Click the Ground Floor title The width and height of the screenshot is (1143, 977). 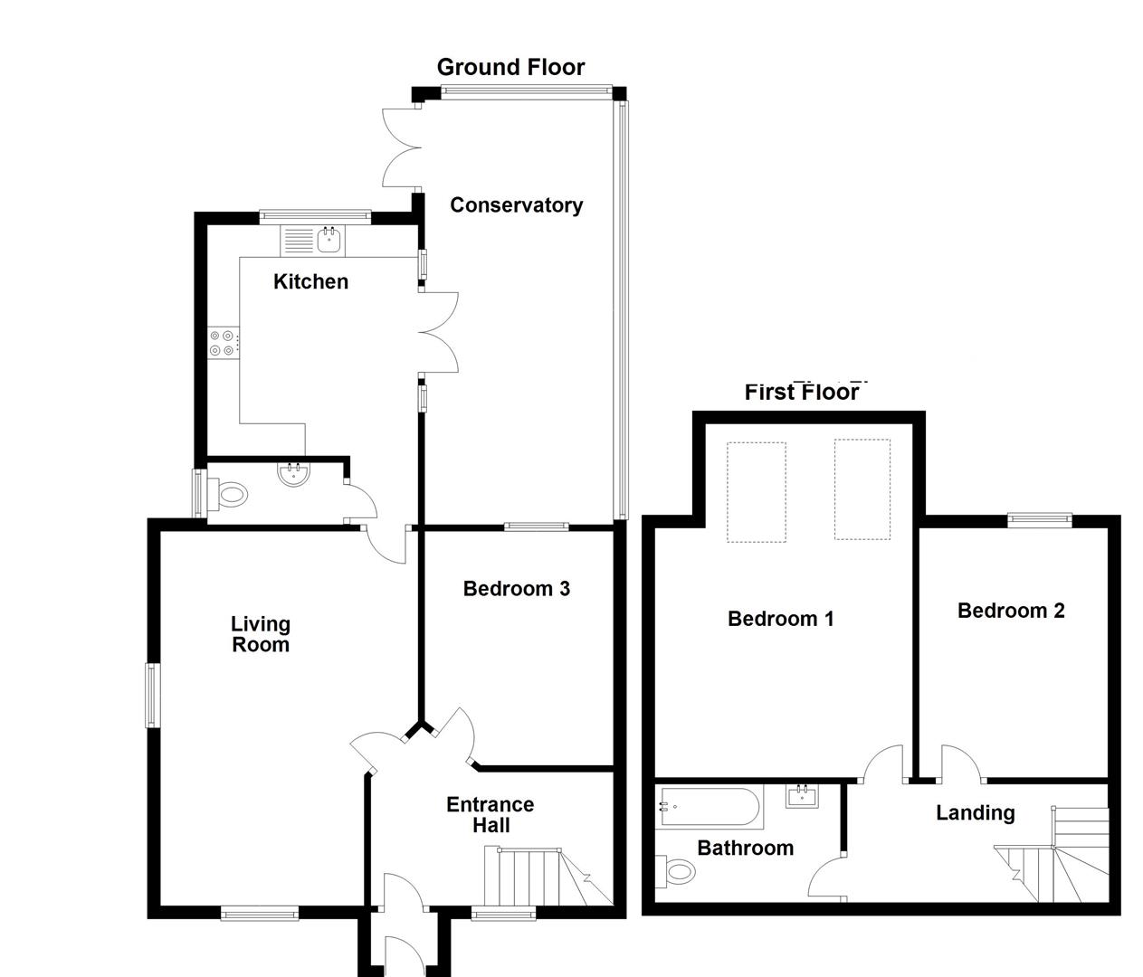510,67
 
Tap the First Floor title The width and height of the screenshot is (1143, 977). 802,392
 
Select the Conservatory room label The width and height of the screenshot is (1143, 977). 516,205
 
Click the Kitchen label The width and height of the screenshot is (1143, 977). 310,282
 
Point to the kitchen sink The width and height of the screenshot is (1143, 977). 329,240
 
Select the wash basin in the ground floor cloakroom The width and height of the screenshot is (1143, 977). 292,475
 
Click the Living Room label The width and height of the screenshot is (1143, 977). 261,634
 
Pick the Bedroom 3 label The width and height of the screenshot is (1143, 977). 516,589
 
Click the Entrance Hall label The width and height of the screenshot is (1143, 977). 491,815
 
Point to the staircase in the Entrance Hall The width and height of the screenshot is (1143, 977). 543,877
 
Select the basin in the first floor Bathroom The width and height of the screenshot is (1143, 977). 802,796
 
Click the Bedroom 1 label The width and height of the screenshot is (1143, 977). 780,619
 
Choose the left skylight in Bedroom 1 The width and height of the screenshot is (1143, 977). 756,491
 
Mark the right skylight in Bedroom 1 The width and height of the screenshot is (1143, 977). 862,489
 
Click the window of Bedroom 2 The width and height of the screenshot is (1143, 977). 1040,519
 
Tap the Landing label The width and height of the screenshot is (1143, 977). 975,813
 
